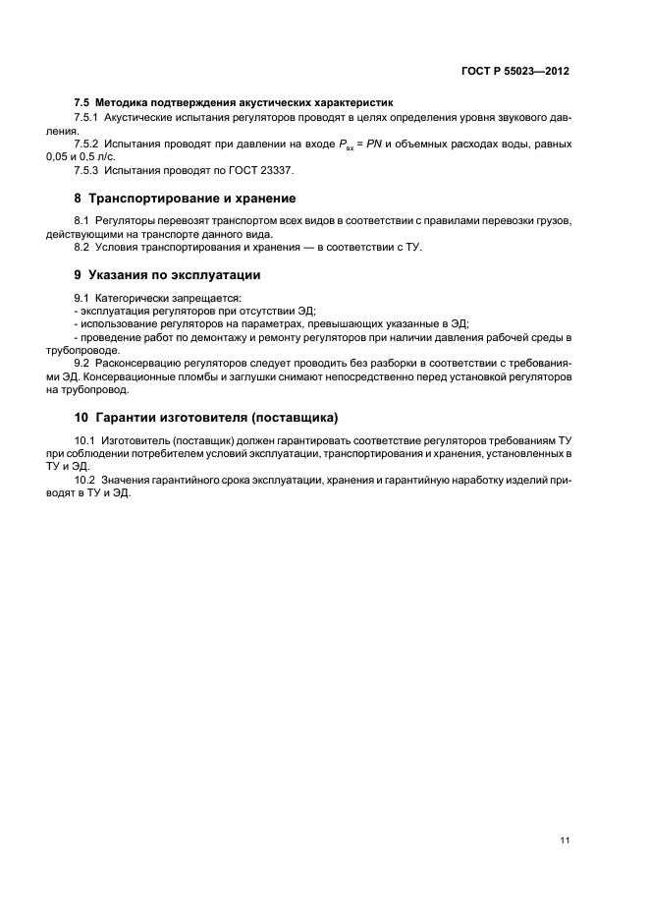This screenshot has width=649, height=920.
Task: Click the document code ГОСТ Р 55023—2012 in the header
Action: pyautogui.click(x=515, y=72)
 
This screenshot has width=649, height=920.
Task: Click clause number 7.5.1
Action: pyautogui.click(x=88, y=117)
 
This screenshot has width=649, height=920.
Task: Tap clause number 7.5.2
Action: pyautogui.click(x=88, y=144)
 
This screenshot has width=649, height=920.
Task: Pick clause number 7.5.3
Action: pyautogui.click(x=88, y=170)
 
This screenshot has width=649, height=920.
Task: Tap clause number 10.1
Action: pyautogui.click(x=84, y=439)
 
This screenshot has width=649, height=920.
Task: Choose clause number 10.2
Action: pyautogui.click(x=84, y=481)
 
